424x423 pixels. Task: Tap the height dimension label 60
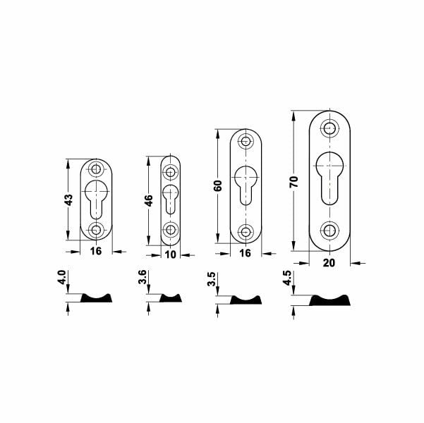[218, 186]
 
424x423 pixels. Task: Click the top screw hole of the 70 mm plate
[329, 128]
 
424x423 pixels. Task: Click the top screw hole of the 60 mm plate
[246, 141]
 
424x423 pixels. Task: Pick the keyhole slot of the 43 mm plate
[97, 196]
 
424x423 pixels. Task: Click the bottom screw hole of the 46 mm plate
[170, 229]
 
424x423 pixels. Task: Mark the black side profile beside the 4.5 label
[330, 301]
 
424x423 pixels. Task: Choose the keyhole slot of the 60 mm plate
[246, 185]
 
